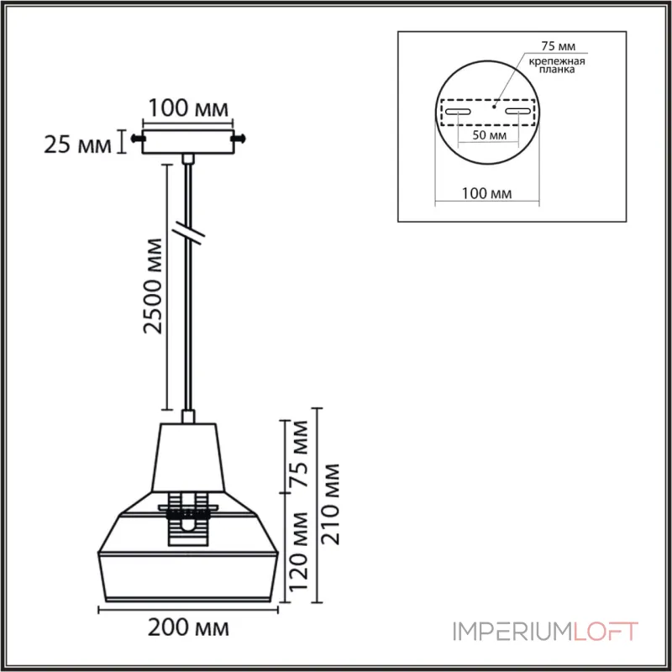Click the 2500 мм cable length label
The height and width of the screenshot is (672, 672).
(x=153, y=286)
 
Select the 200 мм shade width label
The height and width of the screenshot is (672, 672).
(x=189, y=627)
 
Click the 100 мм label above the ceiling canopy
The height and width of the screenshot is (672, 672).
(x=188, y=108)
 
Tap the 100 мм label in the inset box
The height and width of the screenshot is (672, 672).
(x=487, y=194)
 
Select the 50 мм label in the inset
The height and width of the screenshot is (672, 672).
(x=487, y=134)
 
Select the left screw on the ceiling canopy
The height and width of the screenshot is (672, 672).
(x=137, y=138)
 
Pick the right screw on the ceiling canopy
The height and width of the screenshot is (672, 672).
(x=241, y=138)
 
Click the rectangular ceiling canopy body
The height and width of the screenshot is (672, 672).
(x=188, y=140)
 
